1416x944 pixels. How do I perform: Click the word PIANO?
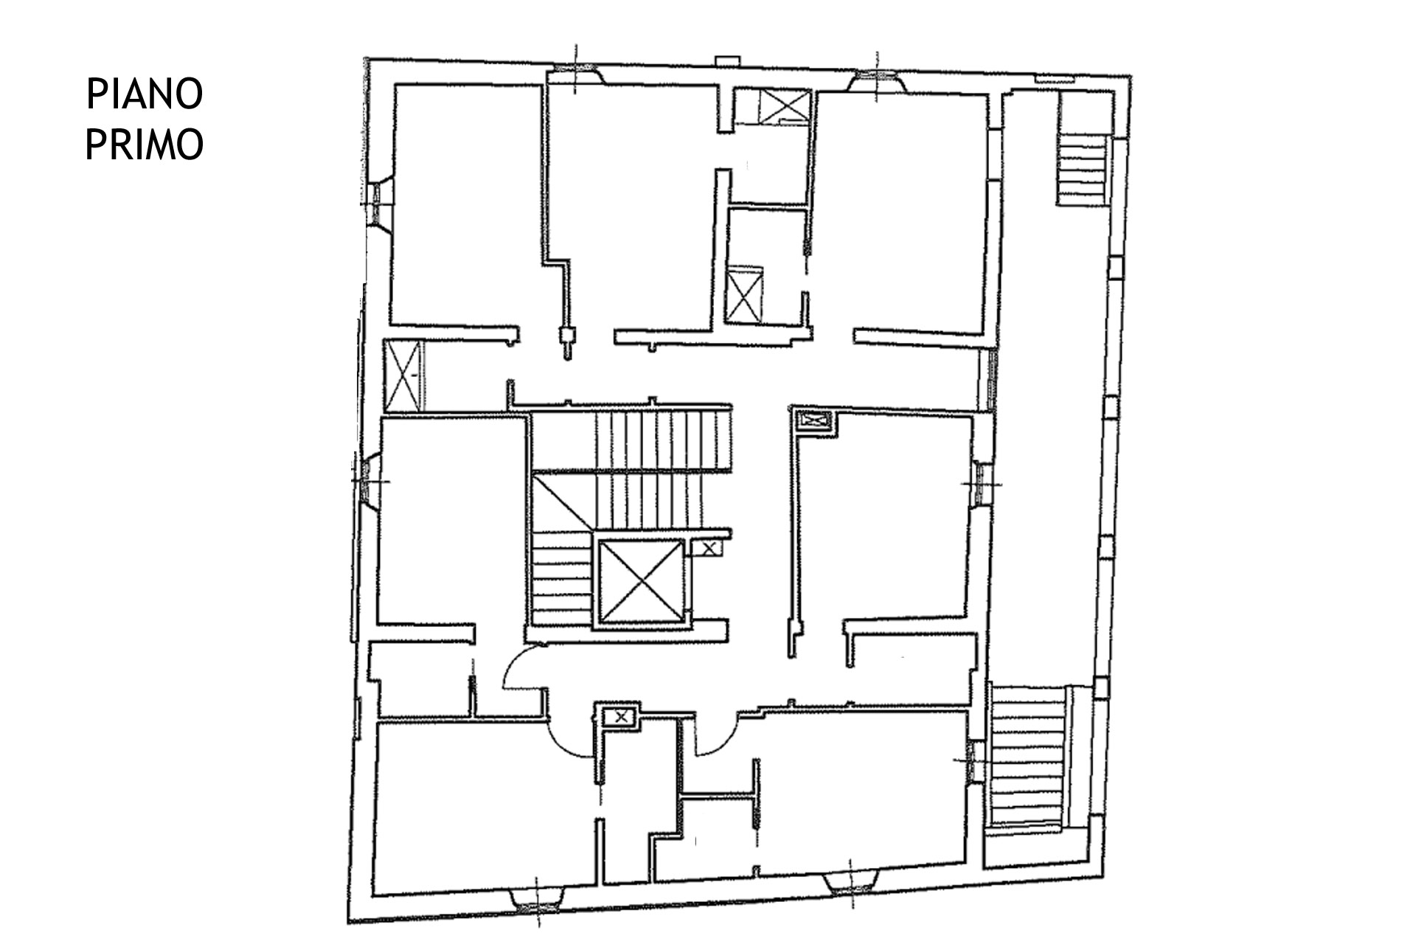(145, 94)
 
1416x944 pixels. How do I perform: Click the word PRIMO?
(145, 144)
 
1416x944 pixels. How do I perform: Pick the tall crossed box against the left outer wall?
(403, 375)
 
